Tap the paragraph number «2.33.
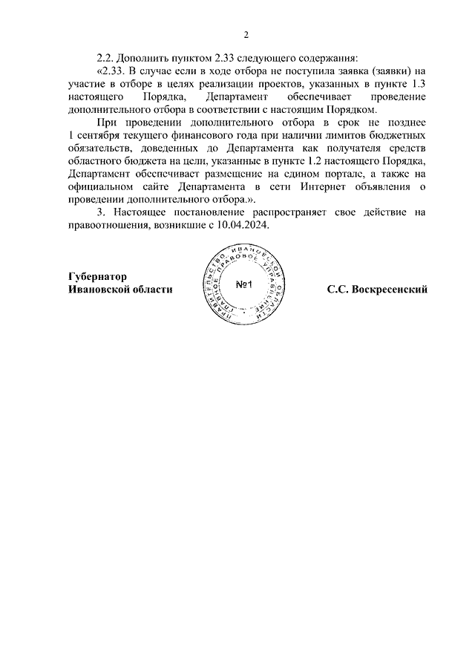(x=111, y=71)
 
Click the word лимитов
(x=325, y=136)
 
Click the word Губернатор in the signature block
(x=97, y=275)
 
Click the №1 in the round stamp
(x=245, y=286)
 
